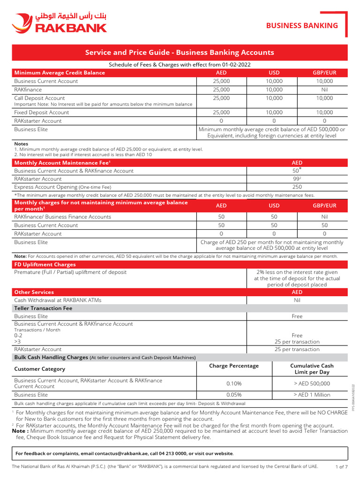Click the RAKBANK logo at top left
tap(60, 23)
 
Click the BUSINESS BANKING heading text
tap(302, 25)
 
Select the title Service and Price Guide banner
tap(180, 52)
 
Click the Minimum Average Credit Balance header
tap(60, 73)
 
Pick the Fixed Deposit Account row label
tap(42, 112)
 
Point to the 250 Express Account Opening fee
tap(297, 187)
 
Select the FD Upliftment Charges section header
tap(45, 264)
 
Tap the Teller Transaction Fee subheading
tap(44, 308)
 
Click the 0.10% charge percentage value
tap(234, 383)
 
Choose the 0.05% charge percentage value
tap(234, 395)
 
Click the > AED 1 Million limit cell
tap(312, 395)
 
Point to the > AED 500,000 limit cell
tap(312, 383)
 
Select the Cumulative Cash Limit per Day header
tap(312, 369)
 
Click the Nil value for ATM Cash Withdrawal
tap(297, 300)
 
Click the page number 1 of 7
tap(342, 467)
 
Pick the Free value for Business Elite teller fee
tap(297, 316)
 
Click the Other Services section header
tap(34, 292)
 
